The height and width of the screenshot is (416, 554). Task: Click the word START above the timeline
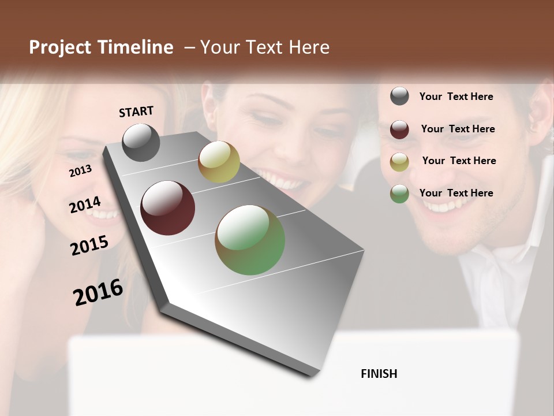136,112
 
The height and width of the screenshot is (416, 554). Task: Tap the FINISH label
379,374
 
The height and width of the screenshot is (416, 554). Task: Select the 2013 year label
80,171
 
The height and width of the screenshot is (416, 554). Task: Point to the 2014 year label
85,205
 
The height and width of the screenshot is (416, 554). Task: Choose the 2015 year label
89,246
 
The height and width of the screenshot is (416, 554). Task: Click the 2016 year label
98,292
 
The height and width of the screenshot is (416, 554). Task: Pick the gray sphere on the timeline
141,142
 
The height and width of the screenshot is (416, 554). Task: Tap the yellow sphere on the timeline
219,162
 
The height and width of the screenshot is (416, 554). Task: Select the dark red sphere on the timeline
168,208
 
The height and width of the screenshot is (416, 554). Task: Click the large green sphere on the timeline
250,240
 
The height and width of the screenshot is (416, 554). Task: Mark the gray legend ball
399,96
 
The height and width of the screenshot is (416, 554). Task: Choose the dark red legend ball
399,129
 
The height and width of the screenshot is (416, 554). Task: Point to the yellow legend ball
399,162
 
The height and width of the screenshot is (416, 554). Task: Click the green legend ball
399,194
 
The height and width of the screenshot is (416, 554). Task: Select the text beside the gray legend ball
456,96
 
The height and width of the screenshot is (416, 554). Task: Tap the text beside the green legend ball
456,193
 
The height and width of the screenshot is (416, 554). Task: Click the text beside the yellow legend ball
459,161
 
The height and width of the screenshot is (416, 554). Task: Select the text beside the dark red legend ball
458,129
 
